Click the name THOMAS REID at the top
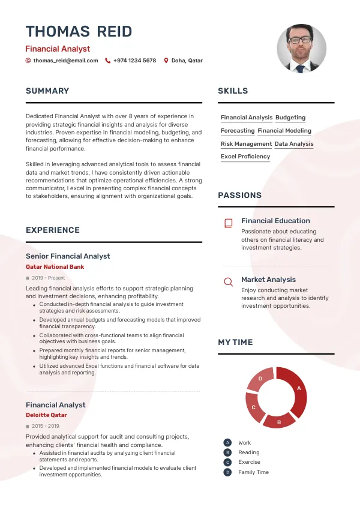coord(79,32)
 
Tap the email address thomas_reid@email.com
coord(65,61)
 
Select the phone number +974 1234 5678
coord(134,61)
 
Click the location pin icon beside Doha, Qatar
coord(167,61)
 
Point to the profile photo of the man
coord(301,49)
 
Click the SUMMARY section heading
coord(47,91)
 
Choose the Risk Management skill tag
coord(246,144)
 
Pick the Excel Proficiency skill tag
coord(245,157)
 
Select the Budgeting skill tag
coord(290,118)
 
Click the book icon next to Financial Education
coord(228,223)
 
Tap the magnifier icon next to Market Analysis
coord(228,282)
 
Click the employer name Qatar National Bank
coord(55,267)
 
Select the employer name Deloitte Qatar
coord(46,415)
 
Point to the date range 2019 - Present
coord(49,278)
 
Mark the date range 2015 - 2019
coord(46,427)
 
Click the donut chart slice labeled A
coord(295,391)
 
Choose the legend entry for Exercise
coord(249,463)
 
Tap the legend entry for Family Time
coord(253,472)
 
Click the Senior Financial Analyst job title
coord(68,256)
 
